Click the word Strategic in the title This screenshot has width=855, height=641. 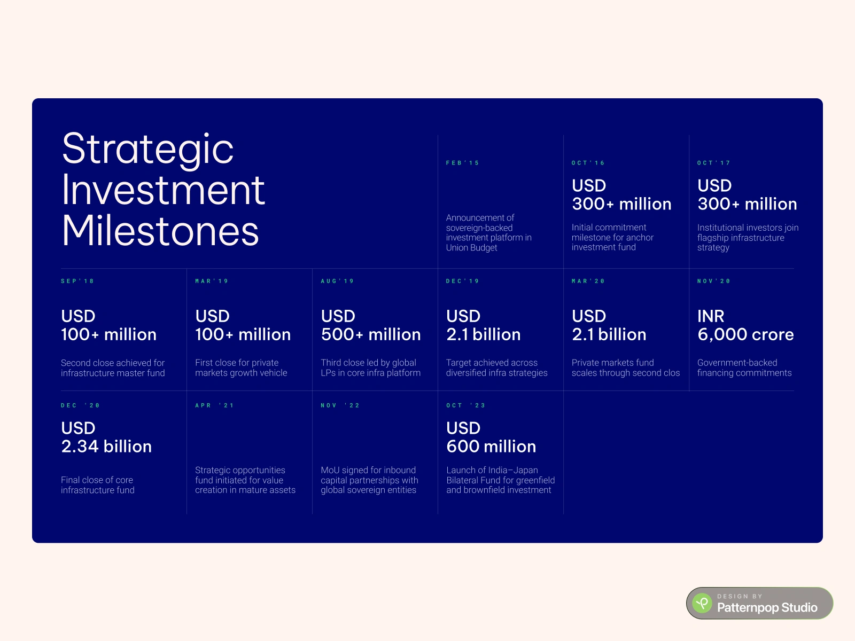pos(147,150)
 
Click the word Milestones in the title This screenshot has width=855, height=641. pos(160,231)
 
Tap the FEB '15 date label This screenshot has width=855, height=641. pos(462,163)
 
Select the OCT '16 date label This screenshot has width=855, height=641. pos(588,163)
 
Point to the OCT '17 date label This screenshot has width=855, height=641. pos(713,163)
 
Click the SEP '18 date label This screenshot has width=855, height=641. pos(77,282)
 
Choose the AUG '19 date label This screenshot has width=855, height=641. pos(337,282)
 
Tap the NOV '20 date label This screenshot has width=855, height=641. pos(713,282)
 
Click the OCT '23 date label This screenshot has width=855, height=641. pos(466,405)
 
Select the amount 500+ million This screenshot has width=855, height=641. pos(371,335)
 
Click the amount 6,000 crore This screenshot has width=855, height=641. pos(745,335)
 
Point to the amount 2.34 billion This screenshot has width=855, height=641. pos(106,447)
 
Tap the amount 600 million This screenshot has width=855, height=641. pos(491,447)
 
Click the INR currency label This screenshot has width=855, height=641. pos(711,316)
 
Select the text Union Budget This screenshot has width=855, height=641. pos(471,248)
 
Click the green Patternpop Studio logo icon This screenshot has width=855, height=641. pos(702,603)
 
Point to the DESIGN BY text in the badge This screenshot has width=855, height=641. pos(740,596)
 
